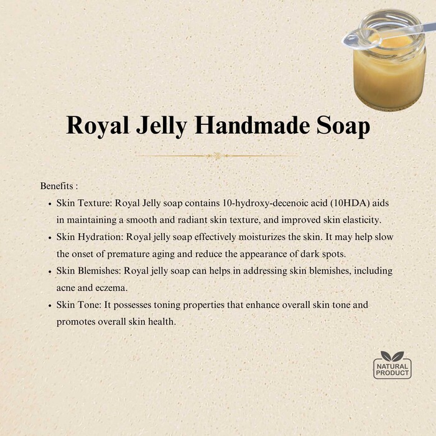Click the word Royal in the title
[98, 126]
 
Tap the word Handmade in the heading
[252, 124]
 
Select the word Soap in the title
[343, 126]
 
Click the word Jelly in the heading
[162, 126]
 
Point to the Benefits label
[59, 186]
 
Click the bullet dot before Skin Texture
[50, 204]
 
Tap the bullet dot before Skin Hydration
[50, 238]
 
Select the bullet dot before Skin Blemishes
[50, 272]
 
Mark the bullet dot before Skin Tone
[50, 305]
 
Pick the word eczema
[111, 288]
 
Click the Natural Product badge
[392, 365]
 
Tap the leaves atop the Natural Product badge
[392, 356]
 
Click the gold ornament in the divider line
[218, 155]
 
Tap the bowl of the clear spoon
[361, 40]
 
